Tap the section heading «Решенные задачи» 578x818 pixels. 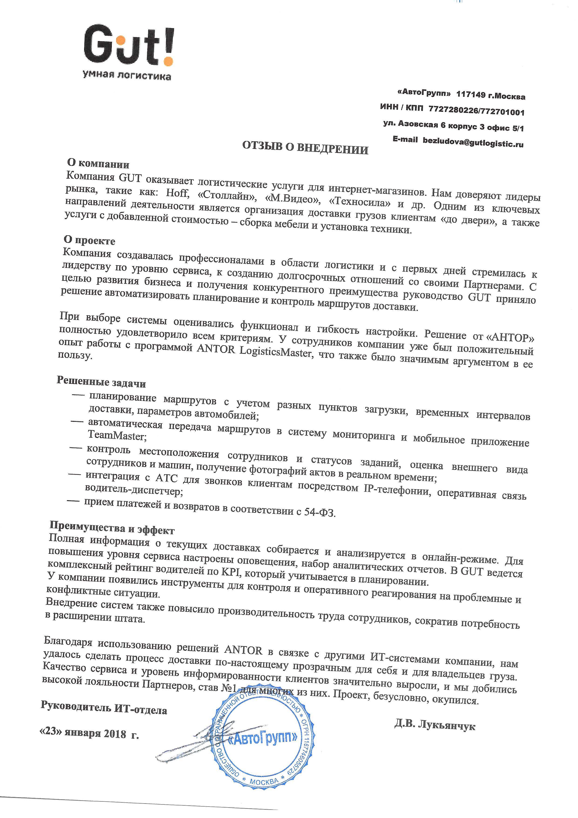101,382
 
